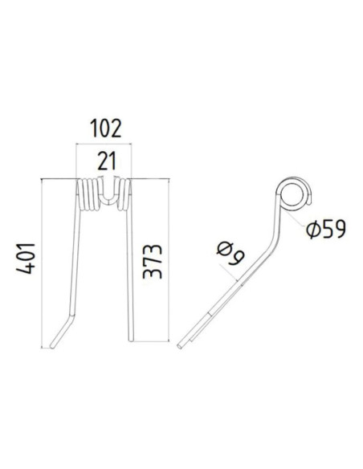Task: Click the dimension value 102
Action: point(104,128)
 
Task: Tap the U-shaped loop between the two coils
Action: point(105,195)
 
